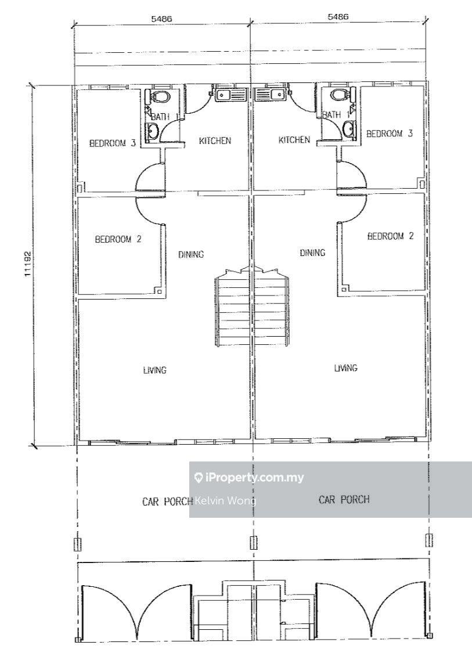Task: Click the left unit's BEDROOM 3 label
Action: click(113, 143)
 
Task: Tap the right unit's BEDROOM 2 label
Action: click(390, 236)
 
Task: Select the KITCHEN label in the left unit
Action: click(215, 140)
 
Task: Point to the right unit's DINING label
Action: click(312, 253)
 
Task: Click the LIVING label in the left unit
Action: click(154, 370)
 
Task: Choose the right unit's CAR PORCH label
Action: click(344, 500)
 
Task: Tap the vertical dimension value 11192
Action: click(28, 264)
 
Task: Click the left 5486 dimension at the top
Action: click(161, 19)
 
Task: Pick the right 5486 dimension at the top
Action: click(338, 17)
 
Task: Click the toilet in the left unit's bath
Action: click(160, 96)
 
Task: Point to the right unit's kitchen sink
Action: click(271, 93)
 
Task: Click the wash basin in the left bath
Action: click(152, 132)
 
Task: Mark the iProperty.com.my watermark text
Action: click(249, 478)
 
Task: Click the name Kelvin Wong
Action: click(225, 501)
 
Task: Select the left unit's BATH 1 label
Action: click(160, 117)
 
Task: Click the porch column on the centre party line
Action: click(254, 543)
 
